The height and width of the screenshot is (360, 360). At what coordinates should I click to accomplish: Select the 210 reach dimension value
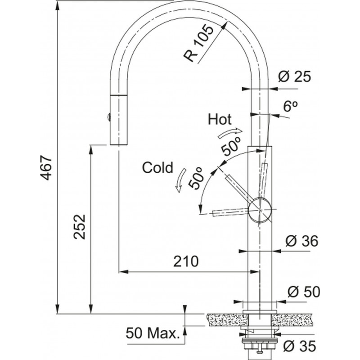click(x=184, y=261)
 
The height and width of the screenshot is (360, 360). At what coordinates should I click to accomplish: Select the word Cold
click(x=157, y=168)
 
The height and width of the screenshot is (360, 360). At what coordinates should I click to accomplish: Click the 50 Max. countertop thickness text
click(x=153, y=333)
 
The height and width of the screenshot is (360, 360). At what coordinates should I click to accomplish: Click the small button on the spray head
click(x=108, y=117)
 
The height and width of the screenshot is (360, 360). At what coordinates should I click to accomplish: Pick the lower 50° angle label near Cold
click(x=197, y=177)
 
